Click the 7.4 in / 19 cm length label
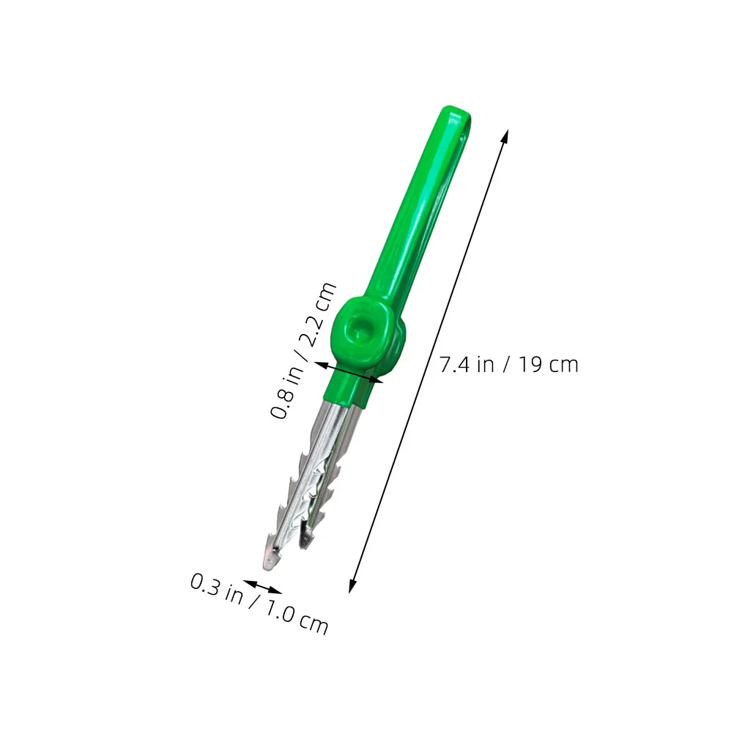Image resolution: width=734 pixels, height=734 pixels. tap(509, 364)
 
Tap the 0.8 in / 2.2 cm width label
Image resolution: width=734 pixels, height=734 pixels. tap(303, 350)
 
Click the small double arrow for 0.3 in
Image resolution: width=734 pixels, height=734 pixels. tap(262, 587)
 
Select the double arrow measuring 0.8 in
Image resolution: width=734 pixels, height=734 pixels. tap(349, 372)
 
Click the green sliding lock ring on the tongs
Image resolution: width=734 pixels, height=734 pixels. tap(367, 336)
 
